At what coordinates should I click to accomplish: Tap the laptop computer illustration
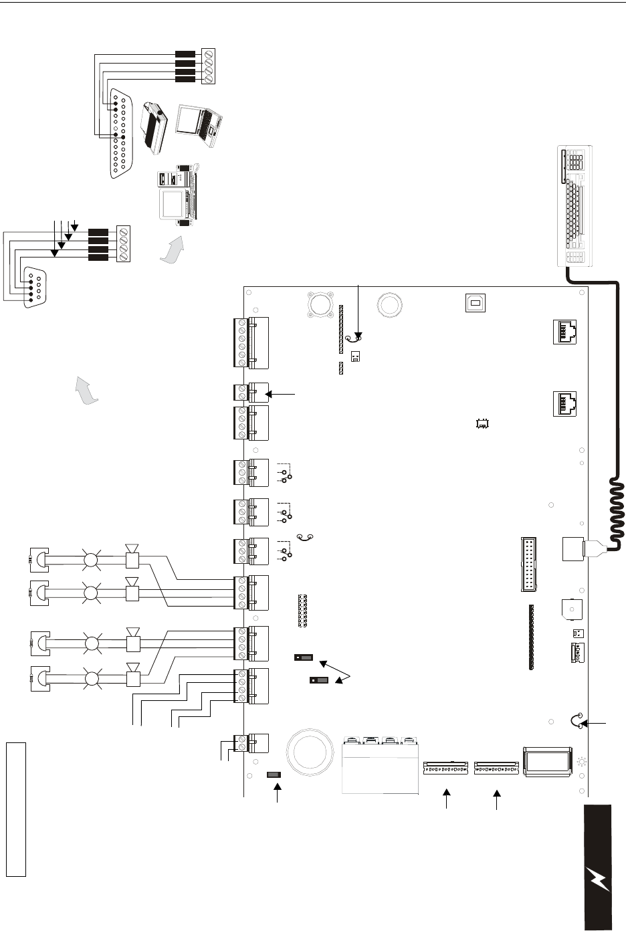[x=200, y=124]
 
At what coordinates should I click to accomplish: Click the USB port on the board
[x=474, y=302]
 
